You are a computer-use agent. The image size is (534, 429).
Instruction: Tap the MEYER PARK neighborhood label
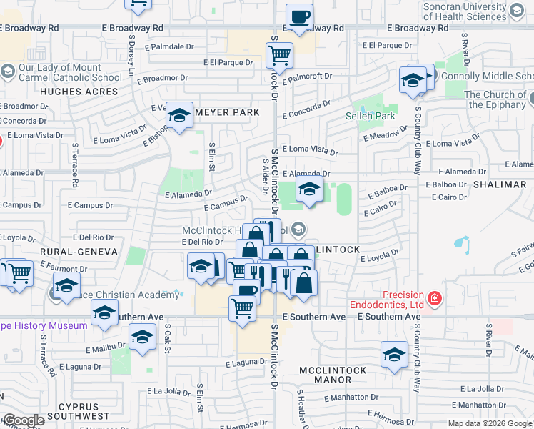coord(227,112)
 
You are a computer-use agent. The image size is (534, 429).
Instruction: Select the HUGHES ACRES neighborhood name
coord(79,92)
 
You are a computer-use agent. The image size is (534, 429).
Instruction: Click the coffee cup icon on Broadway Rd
coord(299,16)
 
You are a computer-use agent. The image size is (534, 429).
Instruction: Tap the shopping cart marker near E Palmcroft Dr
coord(279,54)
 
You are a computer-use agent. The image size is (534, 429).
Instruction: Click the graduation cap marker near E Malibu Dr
coord(142,336)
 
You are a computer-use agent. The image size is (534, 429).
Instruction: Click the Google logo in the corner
coord(24,420)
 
